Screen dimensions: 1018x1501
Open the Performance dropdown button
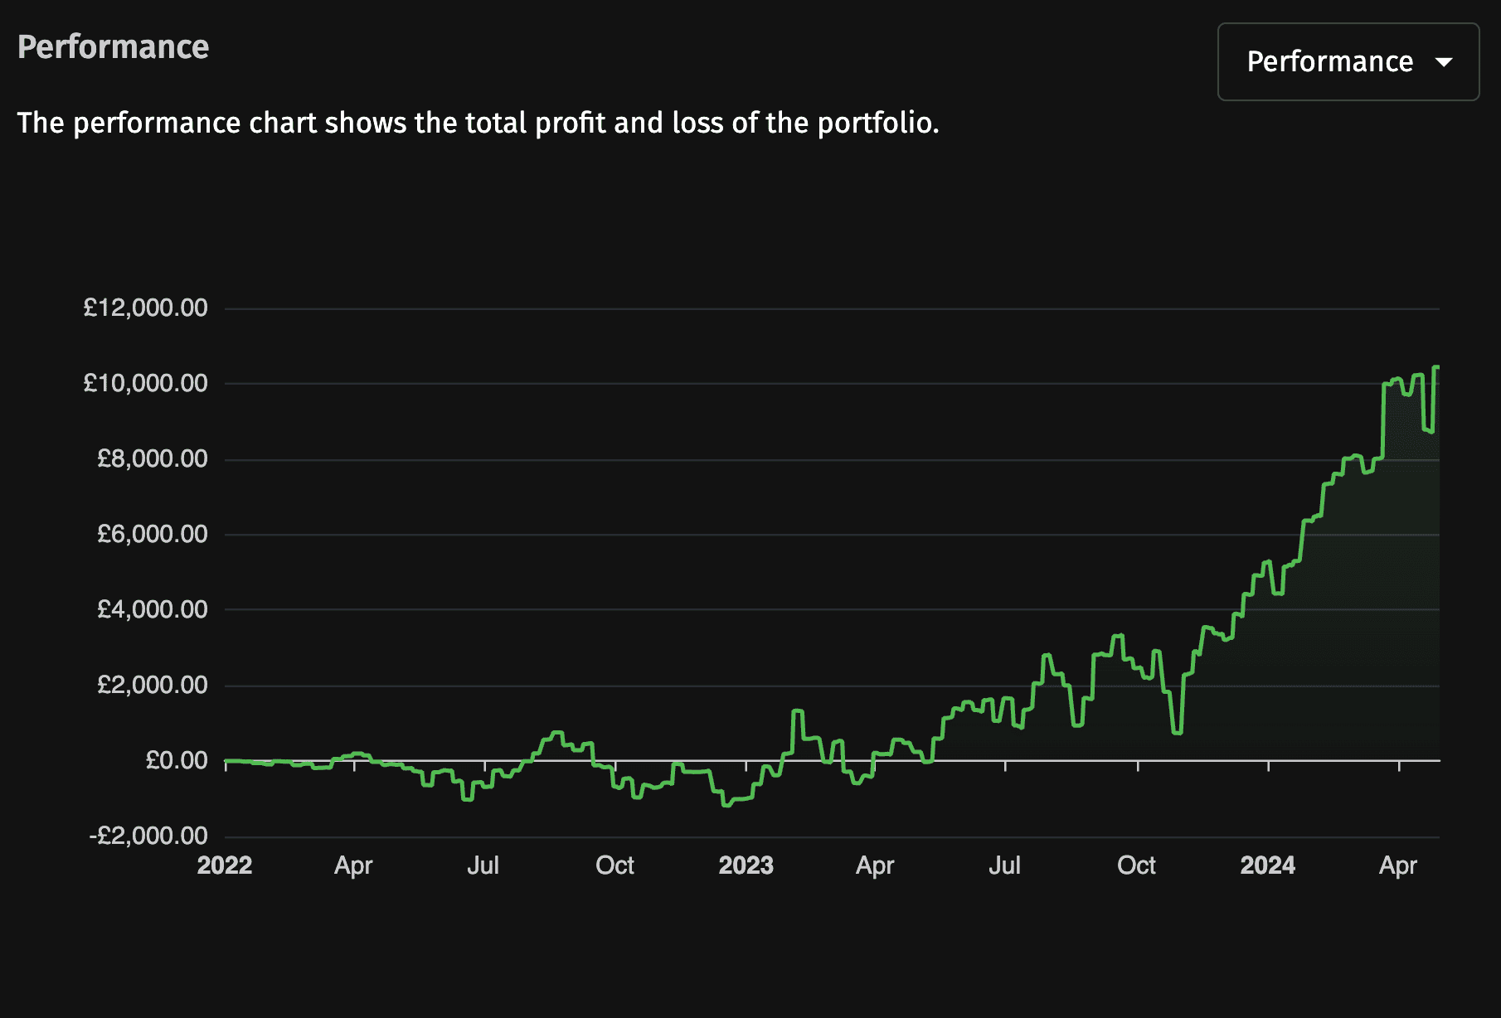[1348, 62]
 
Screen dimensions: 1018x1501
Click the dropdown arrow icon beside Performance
[1444, 62]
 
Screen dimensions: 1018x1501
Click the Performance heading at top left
[114, 47]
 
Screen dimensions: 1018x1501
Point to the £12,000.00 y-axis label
[146, 308]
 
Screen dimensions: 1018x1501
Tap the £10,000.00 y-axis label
[146, 383]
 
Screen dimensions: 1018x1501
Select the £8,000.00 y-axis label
[153, 458]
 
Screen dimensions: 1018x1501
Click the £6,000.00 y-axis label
[153, 534]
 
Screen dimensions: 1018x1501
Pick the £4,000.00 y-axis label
[153, 609]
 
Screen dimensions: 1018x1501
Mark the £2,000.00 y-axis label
[153, 685]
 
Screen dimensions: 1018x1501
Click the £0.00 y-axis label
[177, 760]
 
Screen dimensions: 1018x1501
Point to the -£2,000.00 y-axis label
[148, 836]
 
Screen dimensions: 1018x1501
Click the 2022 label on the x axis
[225, 865]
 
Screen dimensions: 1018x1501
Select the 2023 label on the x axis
[746, 865]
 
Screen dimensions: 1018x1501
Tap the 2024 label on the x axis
[1267, 865]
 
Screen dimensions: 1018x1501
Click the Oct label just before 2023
[614, 865]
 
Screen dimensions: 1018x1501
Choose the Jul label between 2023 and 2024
[1004, 865]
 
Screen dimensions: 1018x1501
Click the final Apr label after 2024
[1397, 865]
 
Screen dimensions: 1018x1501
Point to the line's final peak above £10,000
[1436, 367]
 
